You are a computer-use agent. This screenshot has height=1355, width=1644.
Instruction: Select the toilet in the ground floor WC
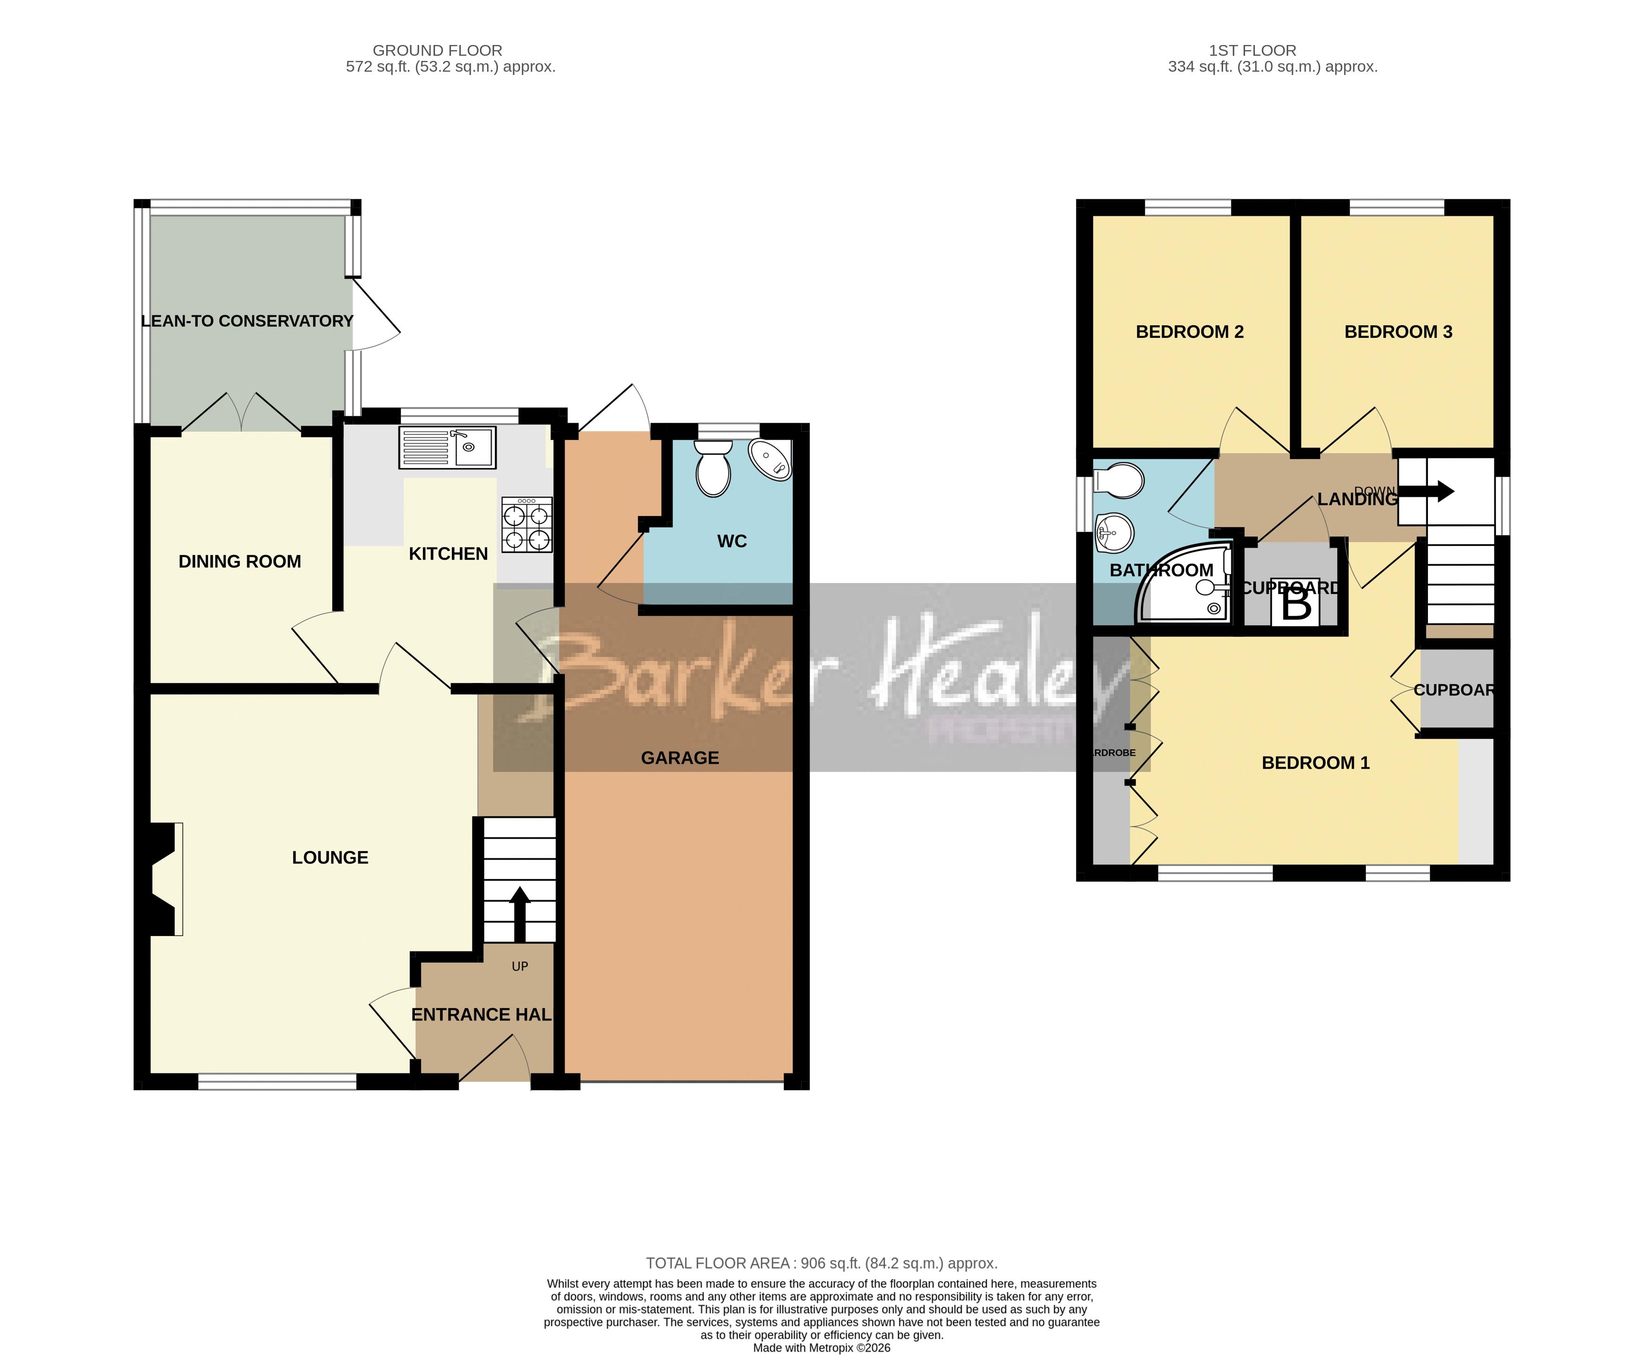pos(713,468)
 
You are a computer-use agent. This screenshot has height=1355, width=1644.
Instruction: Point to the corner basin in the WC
pos(771,459)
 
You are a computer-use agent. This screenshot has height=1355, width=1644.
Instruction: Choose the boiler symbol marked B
pos(1296,603)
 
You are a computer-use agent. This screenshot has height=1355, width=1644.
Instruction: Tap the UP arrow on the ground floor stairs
pos(520,913)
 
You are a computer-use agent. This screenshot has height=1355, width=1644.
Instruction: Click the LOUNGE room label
pos(330,857)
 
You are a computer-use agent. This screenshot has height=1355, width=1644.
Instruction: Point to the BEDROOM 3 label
pos(1397,332)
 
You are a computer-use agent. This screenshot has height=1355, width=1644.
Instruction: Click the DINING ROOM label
pos(240,561)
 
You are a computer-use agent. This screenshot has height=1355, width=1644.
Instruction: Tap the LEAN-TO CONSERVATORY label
pos(247,321)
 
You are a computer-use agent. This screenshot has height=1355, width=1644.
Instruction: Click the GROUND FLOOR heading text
pos(437,50)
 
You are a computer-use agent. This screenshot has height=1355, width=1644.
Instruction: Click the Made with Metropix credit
pos(821,1347)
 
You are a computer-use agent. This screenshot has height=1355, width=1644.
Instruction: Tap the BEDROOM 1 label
pos(1315,763)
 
